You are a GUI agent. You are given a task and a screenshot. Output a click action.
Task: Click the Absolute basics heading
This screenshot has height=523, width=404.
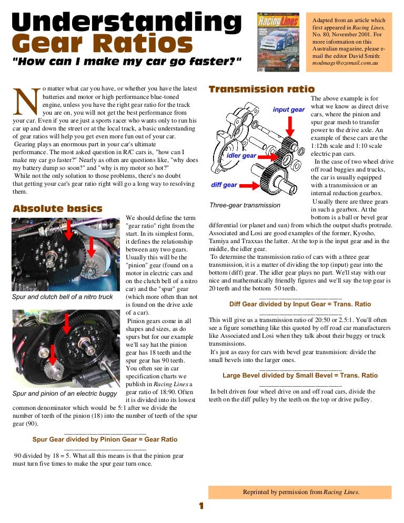pyautogui.click(x=58, y=209)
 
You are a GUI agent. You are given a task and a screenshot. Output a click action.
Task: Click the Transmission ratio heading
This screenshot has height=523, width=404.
pyautogui.click(x=261, y=89)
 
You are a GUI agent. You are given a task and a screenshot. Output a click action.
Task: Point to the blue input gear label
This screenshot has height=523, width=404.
pyautogui.click(x=289, y=109)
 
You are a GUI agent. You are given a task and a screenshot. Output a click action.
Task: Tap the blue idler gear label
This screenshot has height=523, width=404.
pyautogui.click(x=241, y=155)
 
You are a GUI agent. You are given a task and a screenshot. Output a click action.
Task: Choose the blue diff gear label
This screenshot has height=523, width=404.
pyautogui.click(x=224, y=185)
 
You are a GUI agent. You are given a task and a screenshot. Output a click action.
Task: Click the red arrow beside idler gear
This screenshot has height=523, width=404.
pyautogui.click(x=269, y=156)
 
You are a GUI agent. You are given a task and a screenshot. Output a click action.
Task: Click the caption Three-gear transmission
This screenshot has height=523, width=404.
pyautogui.click(x=245, y=205)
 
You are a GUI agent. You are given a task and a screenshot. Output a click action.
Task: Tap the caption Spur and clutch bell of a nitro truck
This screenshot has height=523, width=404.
pyautogui.click(x=62, y=297)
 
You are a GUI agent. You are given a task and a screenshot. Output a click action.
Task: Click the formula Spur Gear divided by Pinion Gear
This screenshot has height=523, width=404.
pyautogui.click(x=105, y=439)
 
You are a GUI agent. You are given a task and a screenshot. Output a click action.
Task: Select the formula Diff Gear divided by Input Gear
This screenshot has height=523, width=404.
pyautogui.click(x=300, y=304)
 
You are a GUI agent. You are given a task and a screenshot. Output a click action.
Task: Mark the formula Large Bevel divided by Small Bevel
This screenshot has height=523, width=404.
pyautogui.click(x=300, y=376)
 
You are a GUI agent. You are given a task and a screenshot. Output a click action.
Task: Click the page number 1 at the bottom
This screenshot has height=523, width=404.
pyautogui.click(x=200, y=506)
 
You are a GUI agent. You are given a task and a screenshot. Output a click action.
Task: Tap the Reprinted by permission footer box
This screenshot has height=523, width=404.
pyautogui.click(x=300, y=492)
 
